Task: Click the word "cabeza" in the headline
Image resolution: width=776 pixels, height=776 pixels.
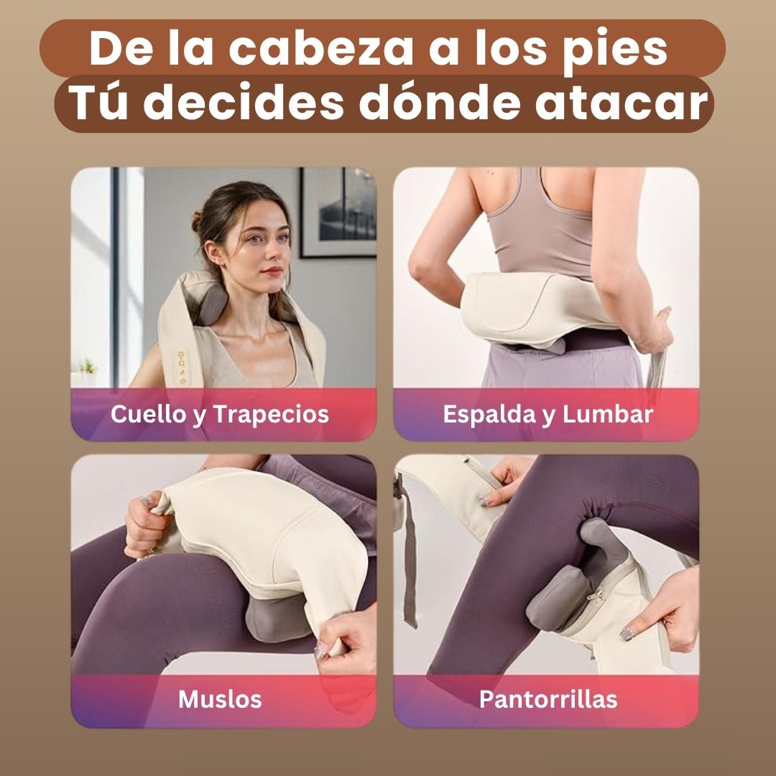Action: (x=320, y=49)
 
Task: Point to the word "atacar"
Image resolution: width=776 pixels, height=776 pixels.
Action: (x=622, y=103)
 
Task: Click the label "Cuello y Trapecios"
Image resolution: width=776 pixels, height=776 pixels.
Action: (x=220, y=415)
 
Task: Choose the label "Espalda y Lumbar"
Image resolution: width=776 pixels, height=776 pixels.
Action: (x=548, y=415)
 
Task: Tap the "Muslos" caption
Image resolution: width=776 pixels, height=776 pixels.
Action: (x=220, y=699)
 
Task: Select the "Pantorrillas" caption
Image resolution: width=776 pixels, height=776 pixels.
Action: (x=548, y=699)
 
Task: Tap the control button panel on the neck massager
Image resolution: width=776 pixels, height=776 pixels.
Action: (x=182, y=367)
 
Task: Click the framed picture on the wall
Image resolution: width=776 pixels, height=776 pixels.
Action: (x=338, y=213)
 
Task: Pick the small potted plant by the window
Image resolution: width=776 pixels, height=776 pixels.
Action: (x=88, y=368)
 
